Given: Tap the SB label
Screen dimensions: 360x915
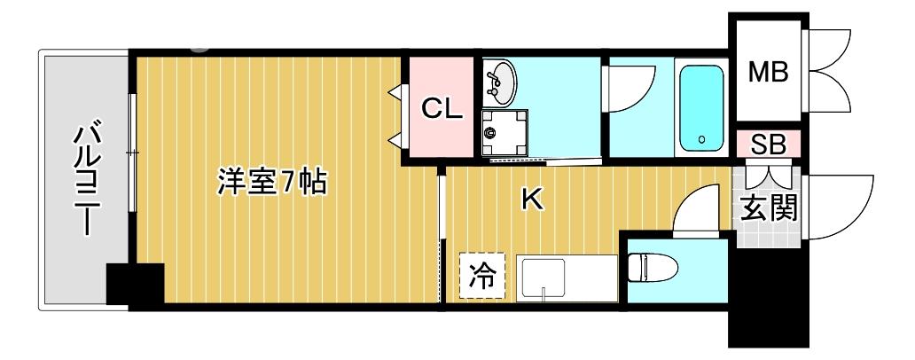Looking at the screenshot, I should click(x=768, y=145).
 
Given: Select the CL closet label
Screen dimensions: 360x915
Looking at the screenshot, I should click(x=442, y=109).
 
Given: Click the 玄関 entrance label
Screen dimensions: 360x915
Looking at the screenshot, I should click(x=768, y=208).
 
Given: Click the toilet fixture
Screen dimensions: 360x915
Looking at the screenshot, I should click(x=652, y=266).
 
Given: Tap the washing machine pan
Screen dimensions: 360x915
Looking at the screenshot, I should click(x=504, y=132).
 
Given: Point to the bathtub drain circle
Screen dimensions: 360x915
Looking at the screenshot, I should click(x=702, y=140).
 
